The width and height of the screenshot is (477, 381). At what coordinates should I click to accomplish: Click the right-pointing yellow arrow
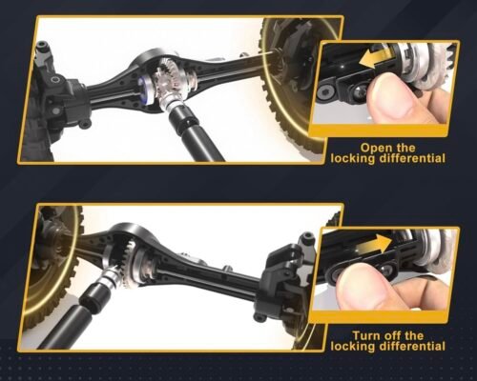pyautogui.click(x=374, y=245)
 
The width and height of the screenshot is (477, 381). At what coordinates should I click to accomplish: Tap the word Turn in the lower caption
pyautogui.click(x=366, y=336)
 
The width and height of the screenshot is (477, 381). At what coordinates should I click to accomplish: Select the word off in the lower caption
pyautogui.click(x=393, y=336)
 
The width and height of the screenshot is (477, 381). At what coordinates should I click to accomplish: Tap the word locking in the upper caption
pyautogui.click(x=354, y=159)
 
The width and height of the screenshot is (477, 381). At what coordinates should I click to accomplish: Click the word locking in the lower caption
pyautogui.click(x=354, y=347)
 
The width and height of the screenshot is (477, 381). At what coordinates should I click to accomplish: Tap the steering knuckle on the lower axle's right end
pyautogui.click(x=284, y=276)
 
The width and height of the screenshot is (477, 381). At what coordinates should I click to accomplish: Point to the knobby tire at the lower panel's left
pyautogui.click(x=52, y=270)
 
